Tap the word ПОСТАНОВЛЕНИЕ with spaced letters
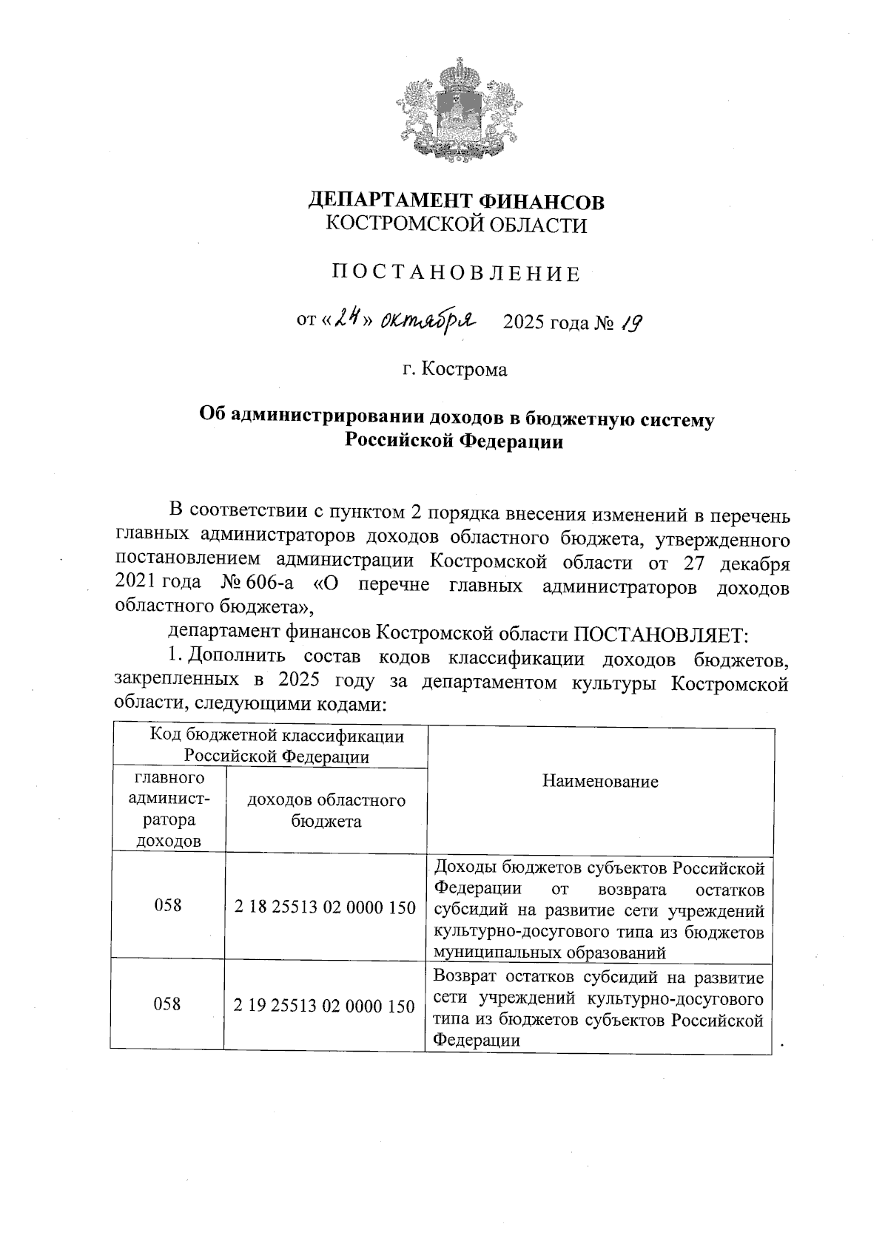coord(456,274)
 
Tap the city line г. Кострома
coord(455,368)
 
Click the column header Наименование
coord(600,782)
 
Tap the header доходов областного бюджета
coord(326,810)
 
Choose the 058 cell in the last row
coord(168,1004)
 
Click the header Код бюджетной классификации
coord(277,736)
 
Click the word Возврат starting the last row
coord(463,978)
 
